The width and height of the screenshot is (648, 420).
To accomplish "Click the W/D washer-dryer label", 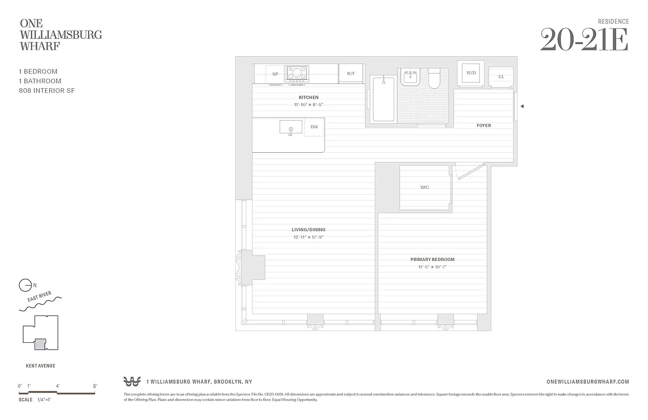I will click(x=471, y=72).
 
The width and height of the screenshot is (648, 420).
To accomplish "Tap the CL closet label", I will click(x=501, y=77).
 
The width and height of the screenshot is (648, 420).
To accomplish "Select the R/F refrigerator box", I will click(x=351, y=73).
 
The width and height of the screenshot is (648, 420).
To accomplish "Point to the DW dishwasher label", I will click(x=314, y=127).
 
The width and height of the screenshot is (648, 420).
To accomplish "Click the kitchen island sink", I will click(x=290, y=128).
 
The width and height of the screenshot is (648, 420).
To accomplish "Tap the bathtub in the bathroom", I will click(x=383, y=99).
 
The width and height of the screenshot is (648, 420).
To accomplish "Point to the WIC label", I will click(x=425, y=187).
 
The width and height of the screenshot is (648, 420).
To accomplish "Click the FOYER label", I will click(x=483, y=125).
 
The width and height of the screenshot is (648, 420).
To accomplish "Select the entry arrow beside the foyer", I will click(x=522, y=106).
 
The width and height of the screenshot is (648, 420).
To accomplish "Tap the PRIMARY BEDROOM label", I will click(x=432, y=259).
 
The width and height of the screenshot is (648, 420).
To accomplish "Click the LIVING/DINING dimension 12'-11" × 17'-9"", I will click(x=309, y=237).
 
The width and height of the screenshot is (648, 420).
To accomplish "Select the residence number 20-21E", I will click(x=584, y=40).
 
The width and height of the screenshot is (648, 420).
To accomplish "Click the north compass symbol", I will click(x=25, y=285).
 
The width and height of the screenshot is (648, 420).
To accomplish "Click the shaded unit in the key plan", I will click(x=40, y=344).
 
